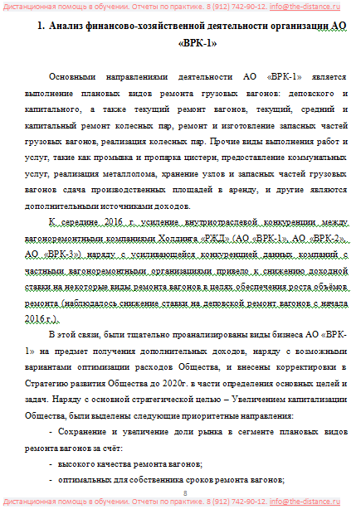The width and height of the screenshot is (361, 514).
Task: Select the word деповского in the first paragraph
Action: (x=301, y=92)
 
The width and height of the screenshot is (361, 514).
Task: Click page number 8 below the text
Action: (x=185, y=493)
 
